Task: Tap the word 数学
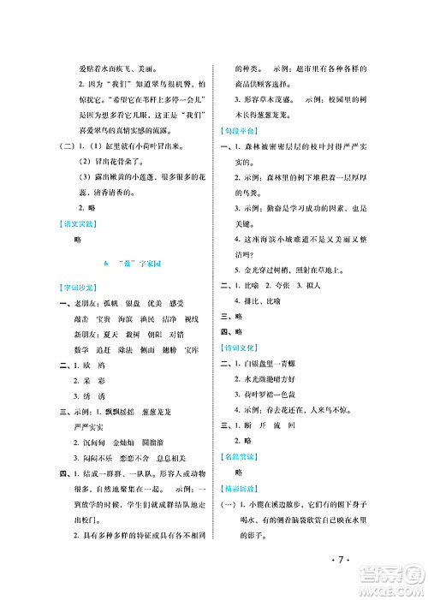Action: pos(84,374)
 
